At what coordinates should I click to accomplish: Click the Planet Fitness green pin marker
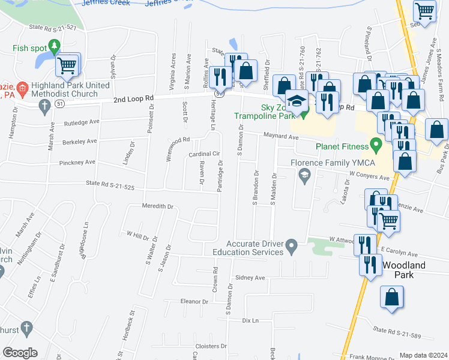coord(376,145)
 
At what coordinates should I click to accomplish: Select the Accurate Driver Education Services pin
coord(292,245)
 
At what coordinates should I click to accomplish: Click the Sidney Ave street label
coord(250,278)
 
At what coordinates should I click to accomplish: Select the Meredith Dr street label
coord(157,206)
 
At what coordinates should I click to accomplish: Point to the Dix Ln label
coord(250,321)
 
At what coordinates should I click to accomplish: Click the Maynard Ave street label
coord(281,137)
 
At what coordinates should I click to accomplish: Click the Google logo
coord(20,353)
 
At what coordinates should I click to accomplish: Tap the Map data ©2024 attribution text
coord(423,355)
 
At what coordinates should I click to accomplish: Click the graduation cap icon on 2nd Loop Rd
coord(297,101)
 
